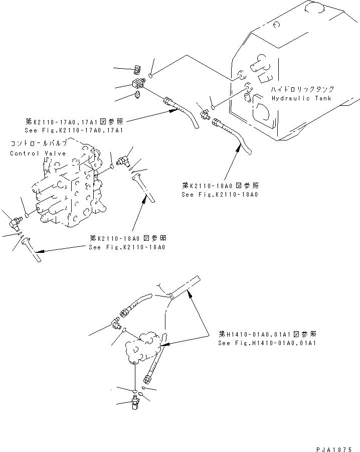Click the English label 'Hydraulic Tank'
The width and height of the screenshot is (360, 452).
pos(301,98)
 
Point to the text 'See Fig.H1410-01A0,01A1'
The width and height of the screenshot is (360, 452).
pos(267,344)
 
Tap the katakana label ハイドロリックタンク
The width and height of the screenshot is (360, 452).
pos(300,89)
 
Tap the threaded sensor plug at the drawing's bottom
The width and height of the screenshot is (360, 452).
pos(135,401)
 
